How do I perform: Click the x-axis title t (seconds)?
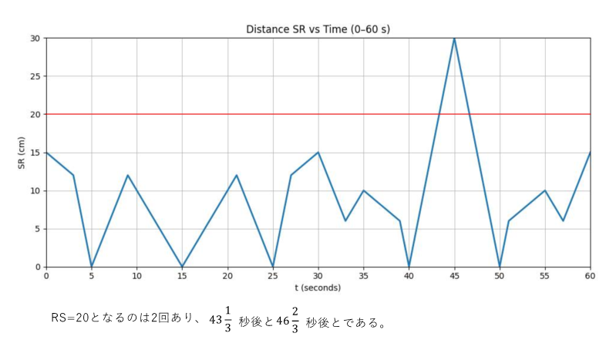point(318,288)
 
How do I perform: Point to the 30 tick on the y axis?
point(35,38)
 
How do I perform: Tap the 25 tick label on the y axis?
point(35,76)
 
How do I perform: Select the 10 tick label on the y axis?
point(35,190)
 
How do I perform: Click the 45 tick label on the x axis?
point(454,275)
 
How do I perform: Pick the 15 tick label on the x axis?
point(182,275)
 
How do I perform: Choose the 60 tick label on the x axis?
point(590,275)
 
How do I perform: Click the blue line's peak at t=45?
point(454,39)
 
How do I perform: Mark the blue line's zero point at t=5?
point(92,267)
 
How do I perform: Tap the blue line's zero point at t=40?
point(409,267)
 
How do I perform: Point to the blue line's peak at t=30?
point(318,153)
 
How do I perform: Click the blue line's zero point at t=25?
point(273,267)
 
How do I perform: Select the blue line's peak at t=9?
point(128,176)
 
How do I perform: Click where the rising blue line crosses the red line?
point(439,114)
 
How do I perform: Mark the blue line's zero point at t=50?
point(500,267)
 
